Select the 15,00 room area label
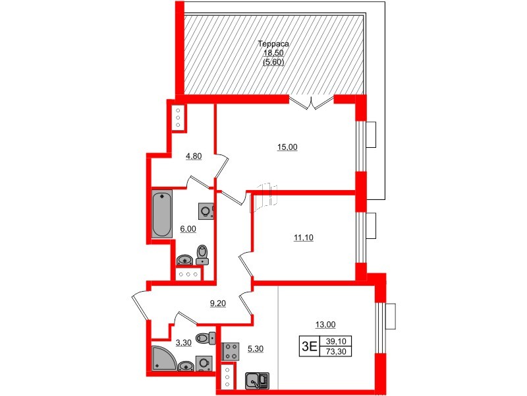tap(287, 148)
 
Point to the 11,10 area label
tap(303, 238)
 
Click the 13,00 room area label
tap(326, 324)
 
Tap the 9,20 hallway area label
tap(218, 304)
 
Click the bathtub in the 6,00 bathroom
tap(162, 214)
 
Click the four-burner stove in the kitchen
tap(232, 350)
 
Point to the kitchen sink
tap(256, 381)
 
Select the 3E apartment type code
tap(309, 345)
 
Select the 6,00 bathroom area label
tap(188, 229)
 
